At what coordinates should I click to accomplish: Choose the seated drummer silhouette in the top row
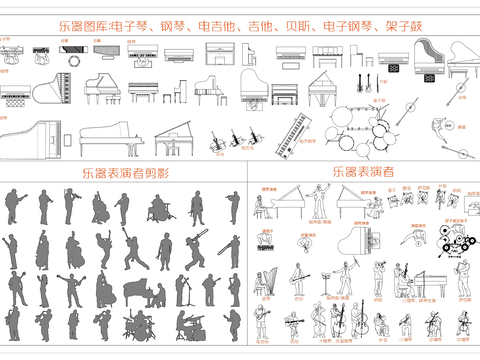click(x=159, y=209)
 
